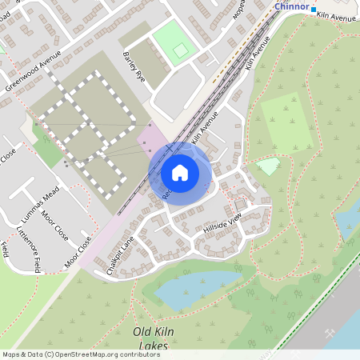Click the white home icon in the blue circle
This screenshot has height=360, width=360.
coord(180,172)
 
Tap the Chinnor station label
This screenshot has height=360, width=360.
coord(291,6)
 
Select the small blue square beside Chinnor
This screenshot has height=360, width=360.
coord(314,9)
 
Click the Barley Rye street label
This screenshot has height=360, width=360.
coord(132,64)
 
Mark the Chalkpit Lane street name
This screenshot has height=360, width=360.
coord(120,254)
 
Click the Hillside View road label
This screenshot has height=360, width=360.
coord(222,225)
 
